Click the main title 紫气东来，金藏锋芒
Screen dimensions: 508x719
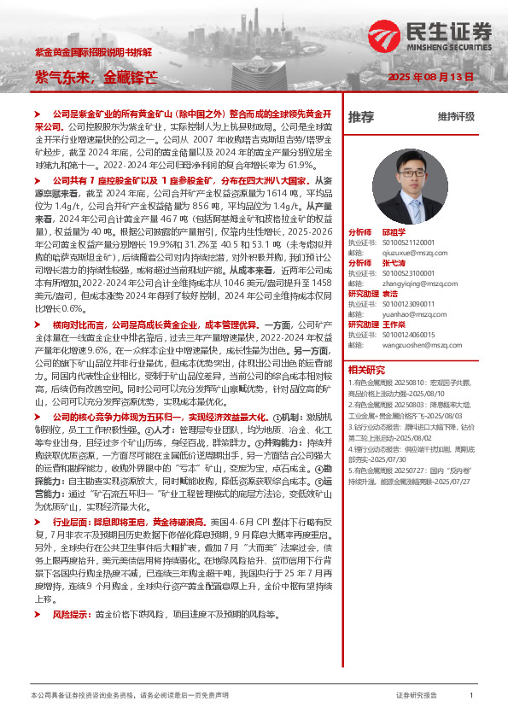96,77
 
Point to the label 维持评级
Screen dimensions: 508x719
455,116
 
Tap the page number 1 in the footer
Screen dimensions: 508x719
471,696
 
